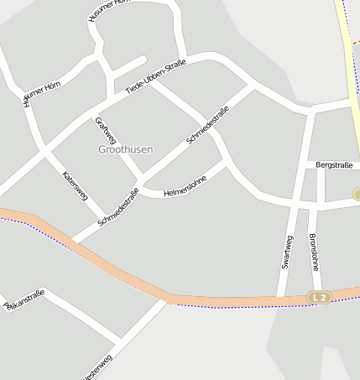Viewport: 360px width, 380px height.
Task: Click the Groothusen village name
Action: (126, 148)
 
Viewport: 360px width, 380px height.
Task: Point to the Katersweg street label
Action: (76, 185)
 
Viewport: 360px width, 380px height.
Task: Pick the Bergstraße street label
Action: (334, 165)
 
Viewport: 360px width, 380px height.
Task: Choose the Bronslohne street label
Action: (314, 251)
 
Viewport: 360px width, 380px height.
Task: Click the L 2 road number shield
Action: (318, 297)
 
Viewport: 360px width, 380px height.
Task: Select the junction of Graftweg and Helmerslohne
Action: (140, 190)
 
